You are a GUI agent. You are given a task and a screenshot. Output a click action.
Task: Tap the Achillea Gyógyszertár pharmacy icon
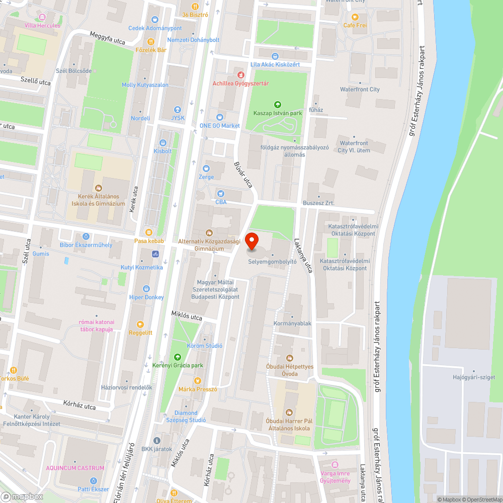tap(233, 74)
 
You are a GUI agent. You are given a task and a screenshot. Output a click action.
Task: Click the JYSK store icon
tap(177, 110)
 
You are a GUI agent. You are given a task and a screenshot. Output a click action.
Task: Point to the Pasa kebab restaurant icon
tap(149, 232)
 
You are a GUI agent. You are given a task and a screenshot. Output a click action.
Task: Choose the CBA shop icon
tap(220, 194)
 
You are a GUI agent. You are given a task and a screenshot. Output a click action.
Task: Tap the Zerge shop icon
tap(206, 169)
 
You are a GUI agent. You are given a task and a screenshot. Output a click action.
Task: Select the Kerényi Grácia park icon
tap(177, 357)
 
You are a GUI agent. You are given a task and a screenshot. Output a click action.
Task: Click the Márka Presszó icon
tap(197, 381)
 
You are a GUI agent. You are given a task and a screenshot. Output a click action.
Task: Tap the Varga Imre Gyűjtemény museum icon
tap(336, 464)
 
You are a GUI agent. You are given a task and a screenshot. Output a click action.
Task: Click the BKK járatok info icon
tap(156, 440)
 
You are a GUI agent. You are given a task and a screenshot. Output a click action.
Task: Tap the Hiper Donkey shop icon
tap(146, 289)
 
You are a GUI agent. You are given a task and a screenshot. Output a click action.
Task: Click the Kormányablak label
tap(293, 323)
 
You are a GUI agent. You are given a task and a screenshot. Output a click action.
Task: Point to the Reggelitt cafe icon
tap(140, 324)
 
